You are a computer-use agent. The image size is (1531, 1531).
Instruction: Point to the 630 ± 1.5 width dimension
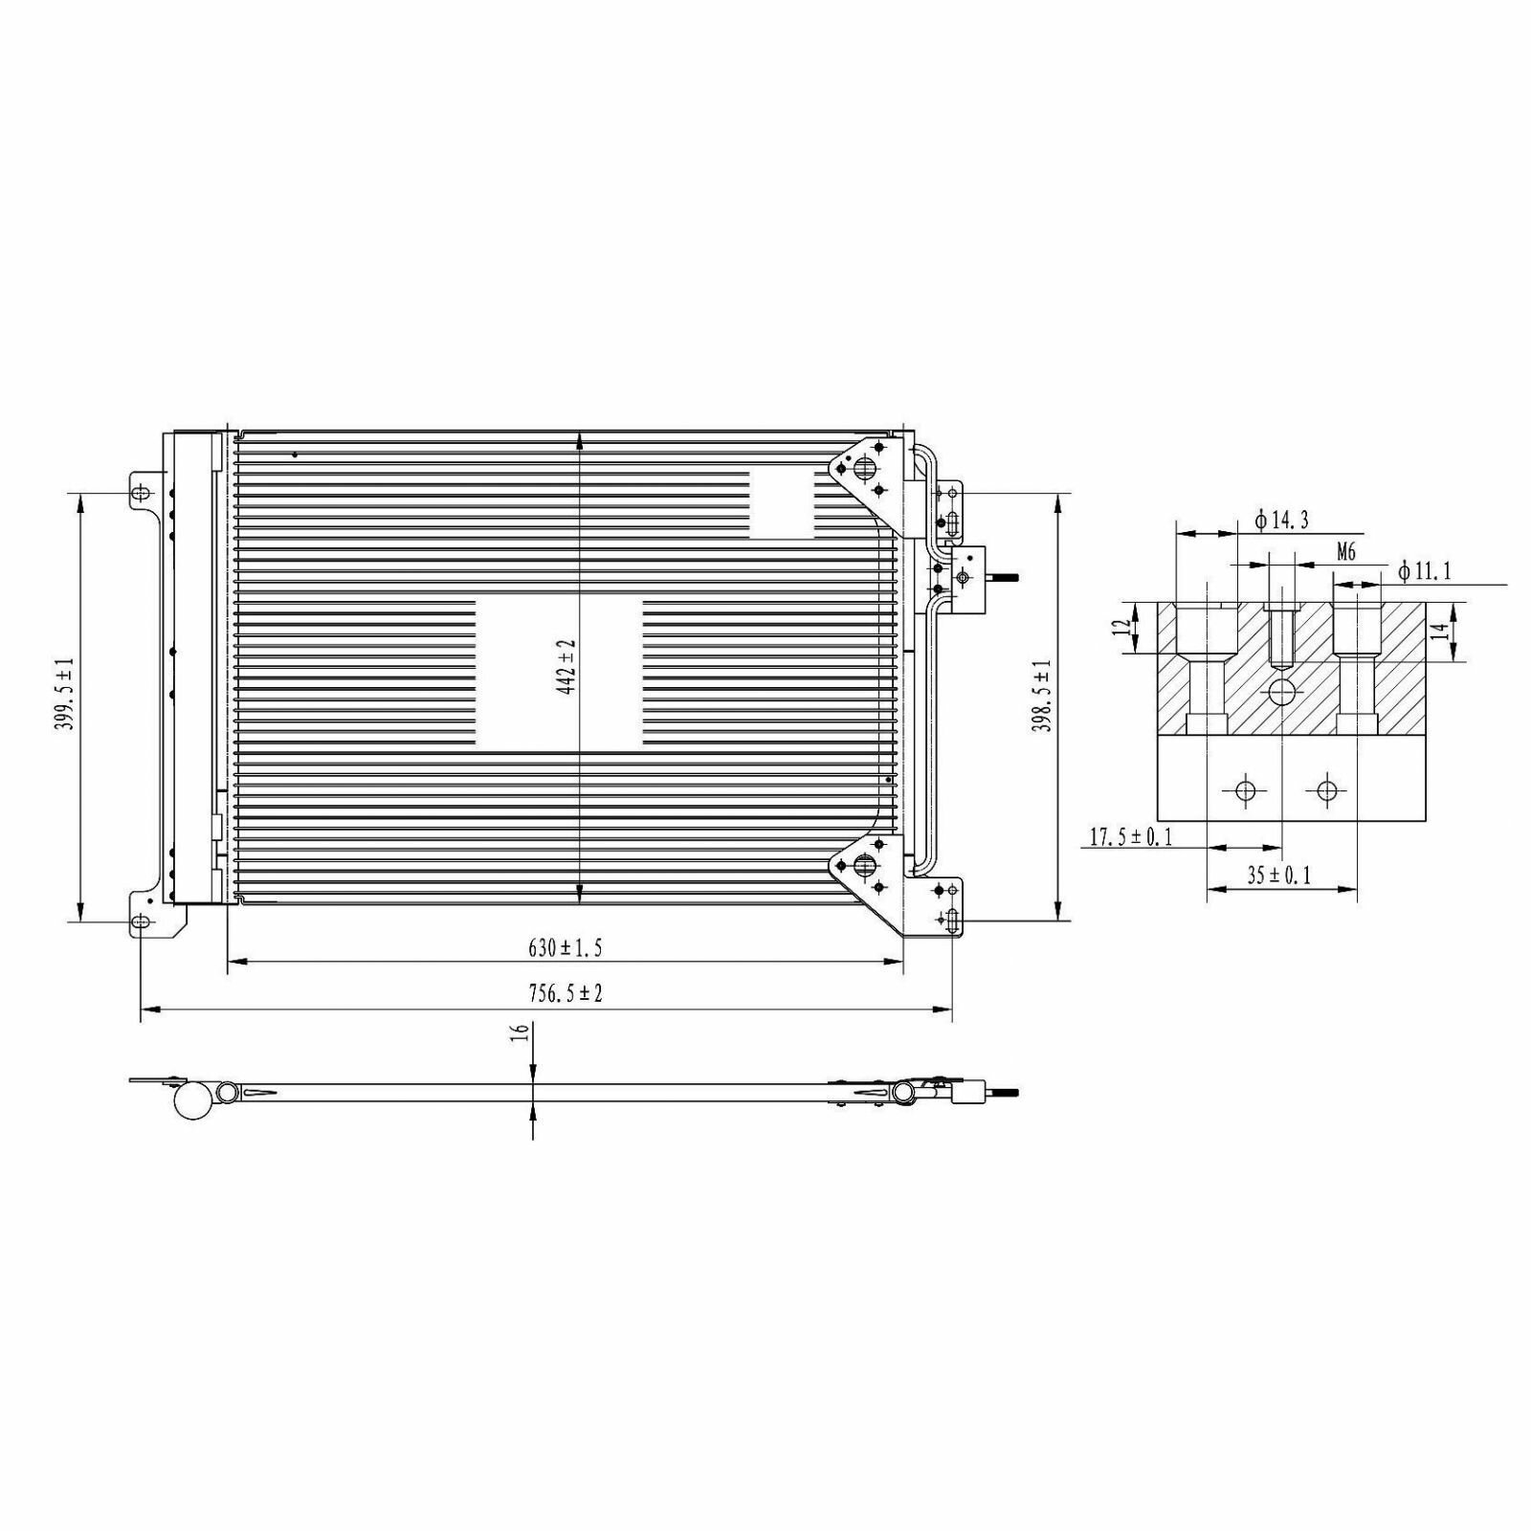565,948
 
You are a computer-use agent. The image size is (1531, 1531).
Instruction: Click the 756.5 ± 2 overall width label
566,994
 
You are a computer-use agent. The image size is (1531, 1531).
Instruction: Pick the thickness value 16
521,1032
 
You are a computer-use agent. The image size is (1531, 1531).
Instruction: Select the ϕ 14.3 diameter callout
1281,521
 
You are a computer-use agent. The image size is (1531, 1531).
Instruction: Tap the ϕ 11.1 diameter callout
1425,572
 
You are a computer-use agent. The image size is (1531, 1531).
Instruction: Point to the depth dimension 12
1121,628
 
